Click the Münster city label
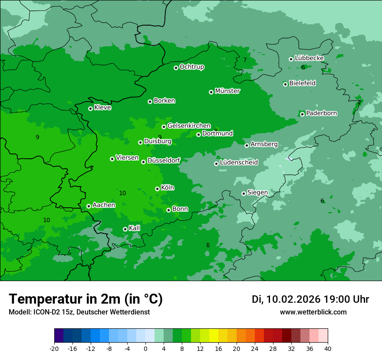click(x=227, y=91)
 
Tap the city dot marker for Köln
click(x=157, y=189)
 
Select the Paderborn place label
click(x=321, y=113)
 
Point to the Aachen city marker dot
click(x=89, y=206)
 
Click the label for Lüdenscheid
click(x=239, y=163)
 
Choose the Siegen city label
click(x=257, y=193)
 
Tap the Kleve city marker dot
click(x=90, y=108)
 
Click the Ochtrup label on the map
click(x=192, y=67)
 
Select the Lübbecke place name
click(x=309, y=58)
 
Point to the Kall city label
click(x=135, y=228)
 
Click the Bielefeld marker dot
click(x=285, y=84)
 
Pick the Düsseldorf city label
click(x=164, y=160)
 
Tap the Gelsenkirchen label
click(x=189, y=126)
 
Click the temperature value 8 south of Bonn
click(x=208, y=245)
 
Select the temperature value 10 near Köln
click(x=122, y=193)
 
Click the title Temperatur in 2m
click(x=86, y=299)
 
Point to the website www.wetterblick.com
click(x=313, y=312)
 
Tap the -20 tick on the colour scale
click(x=54, y=349)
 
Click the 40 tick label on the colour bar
click(x=328, y=349)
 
